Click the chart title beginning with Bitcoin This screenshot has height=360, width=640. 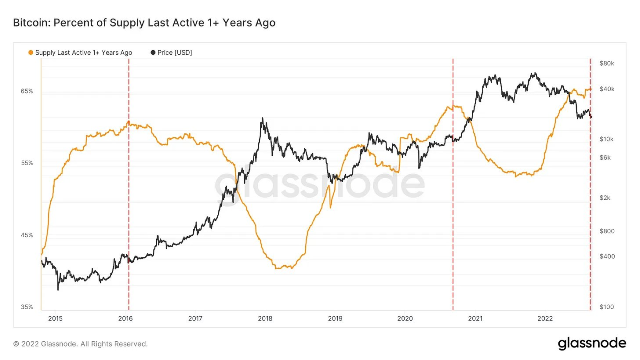point(144,23)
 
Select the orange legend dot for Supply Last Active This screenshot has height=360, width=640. point(31,53)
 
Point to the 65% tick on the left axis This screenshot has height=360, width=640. point(27,91)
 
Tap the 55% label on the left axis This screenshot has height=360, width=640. point(27,163)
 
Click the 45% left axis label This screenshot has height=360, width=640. point(27,235)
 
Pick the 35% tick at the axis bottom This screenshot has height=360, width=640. point(27,307)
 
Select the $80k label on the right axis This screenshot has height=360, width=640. point(607,63)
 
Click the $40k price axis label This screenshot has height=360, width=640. point(607,89)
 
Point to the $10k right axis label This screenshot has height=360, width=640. point(607,139)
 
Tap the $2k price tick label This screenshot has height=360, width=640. point(605,198)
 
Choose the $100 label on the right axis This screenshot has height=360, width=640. point(606,307)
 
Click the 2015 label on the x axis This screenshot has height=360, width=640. point(55,318)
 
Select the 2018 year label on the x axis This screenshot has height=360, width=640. point(265,318)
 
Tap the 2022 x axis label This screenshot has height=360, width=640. point(545,318)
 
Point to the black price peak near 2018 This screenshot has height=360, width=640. point(262,119)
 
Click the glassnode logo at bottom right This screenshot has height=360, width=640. point(592,343)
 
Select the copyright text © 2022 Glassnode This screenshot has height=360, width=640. point(80,344)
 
